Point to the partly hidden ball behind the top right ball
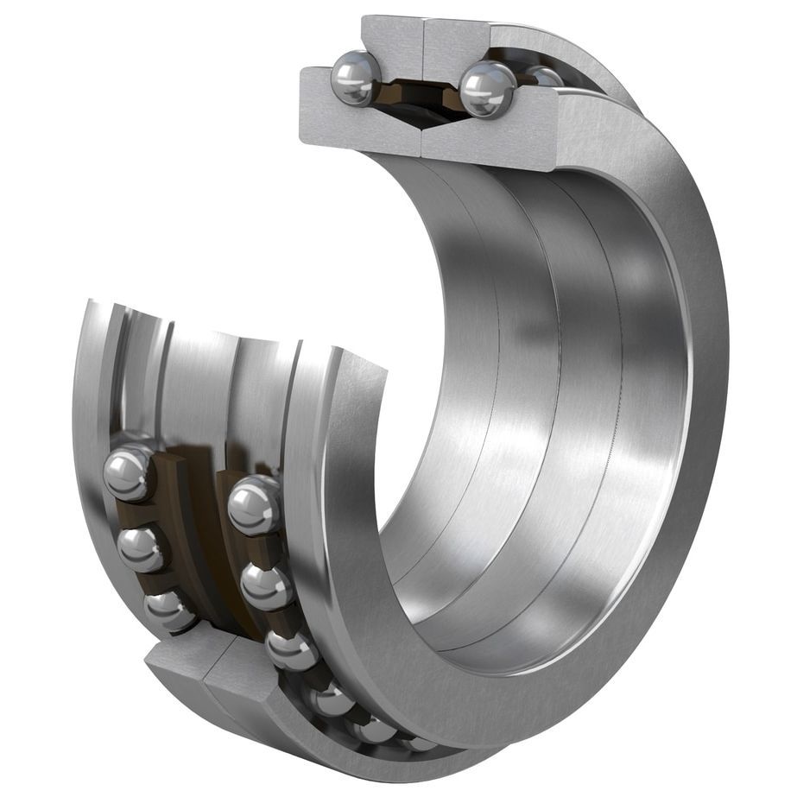pyautogui.click(x=544, y=76)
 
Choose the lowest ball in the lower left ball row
pyautogui.click(x=169, y=610)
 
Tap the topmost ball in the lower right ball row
pyautogui.click(x=256, y=505)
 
